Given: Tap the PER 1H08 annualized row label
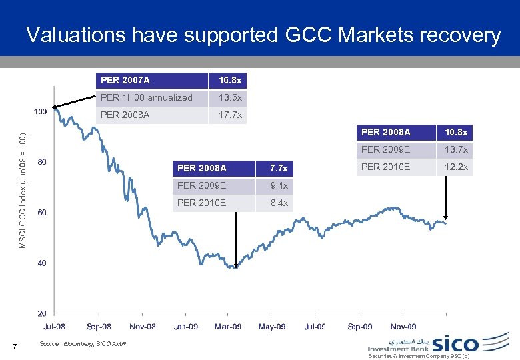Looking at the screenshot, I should coord(146,97).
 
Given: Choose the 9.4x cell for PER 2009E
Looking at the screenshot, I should coord(279,185).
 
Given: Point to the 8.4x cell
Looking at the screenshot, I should coord(279,203).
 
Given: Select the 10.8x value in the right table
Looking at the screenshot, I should coord(456,133).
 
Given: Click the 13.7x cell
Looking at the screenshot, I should coord(456,149).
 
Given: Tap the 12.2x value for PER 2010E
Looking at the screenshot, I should coord(456,167).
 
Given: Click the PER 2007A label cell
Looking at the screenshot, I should coord(125,81).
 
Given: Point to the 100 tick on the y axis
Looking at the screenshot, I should coord(40,111).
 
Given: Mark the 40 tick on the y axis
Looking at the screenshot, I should coord(42,263).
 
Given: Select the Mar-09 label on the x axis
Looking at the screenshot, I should coord(227,327).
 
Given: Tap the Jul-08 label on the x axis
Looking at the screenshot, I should coord(55,327).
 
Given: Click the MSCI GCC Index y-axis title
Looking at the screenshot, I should coord(23,190).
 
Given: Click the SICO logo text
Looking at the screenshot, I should coord(455,344).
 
